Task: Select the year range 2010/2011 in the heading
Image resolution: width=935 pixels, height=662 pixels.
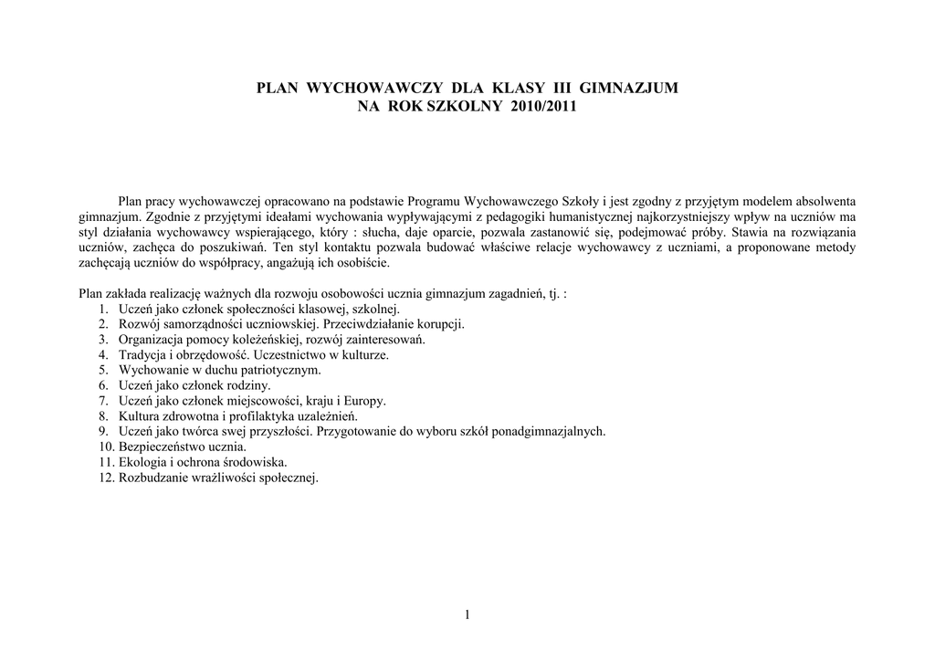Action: [538, 106]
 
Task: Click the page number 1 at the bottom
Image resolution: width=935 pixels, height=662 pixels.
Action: [467, 615]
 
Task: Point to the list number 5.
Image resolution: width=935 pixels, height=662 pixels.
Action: [103, 370]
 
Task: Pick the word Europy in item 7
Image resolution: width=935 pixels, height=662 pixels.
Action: [365, 401]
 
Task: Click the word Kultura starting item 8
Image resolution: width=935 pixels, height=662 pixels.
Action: [140, 416]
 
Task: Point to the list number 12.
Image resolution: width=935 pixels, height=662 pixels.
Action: [103, 478]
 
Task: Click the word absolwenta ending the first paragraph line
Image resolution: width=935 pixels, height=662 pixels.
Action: [825, 201]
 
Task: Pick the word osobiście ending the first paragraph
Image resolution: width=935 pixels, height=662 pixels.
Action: [363, 263]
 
